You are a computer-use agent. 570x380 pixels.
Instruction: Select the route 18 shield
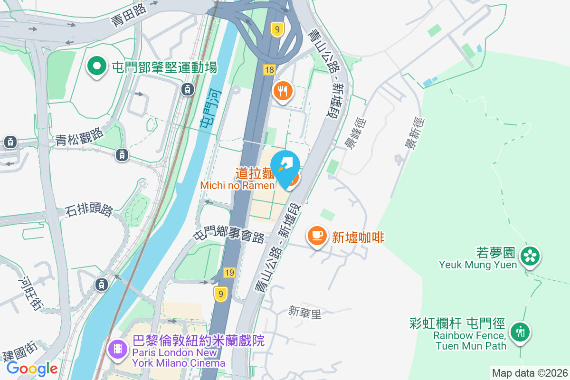pos(269,70)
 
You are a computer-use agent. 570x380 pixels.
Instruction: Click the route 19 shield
pos(229,273)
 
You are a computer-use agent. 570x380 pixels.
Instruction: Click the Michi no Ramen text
pos(237,185)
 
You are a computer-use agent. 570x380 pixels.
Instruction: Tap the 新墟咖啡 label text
pos(358,237)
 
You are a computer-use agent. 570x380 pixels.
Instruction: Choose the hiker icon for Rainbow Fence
pos(520,331)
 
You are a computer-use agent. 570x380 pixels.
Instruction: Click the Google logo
pos(32,369)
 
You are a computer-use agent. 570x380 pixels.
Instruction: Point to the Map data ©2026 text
pos(529,373)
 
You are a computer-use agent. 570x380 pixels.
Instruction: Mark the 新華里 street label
pos(305,312)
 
